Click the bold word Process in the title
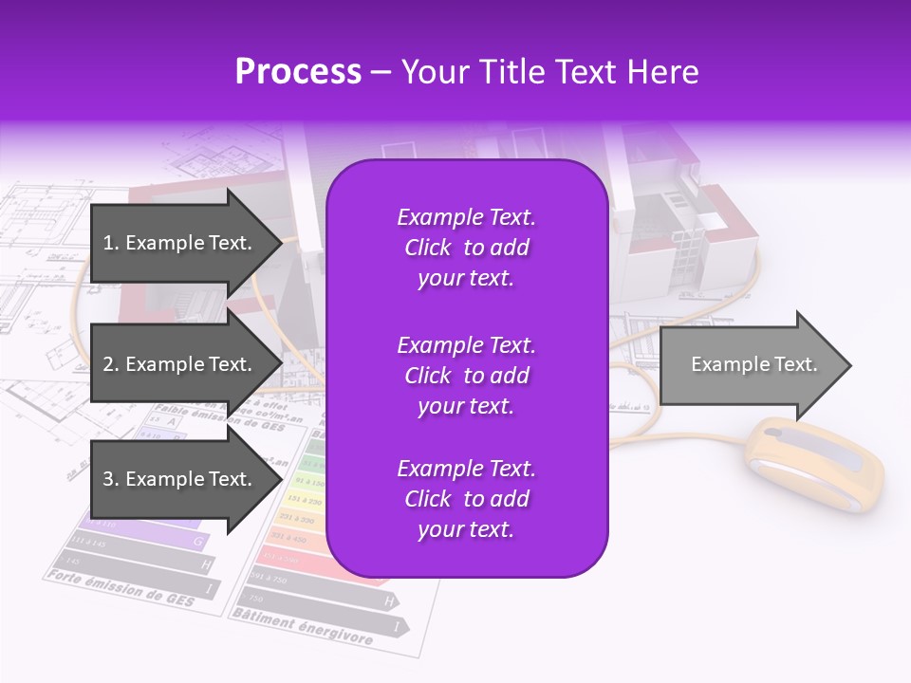click(x=298, y=72)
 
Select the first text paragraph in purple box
click(x=466, y=248)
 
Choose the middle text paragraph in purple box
click(x=466, y=375)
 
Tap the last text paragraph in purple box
click(x=466, y=499)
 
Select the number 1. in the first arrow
click(x=111, y=243)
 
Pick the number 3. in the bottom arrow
click(x=111, y=479)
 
